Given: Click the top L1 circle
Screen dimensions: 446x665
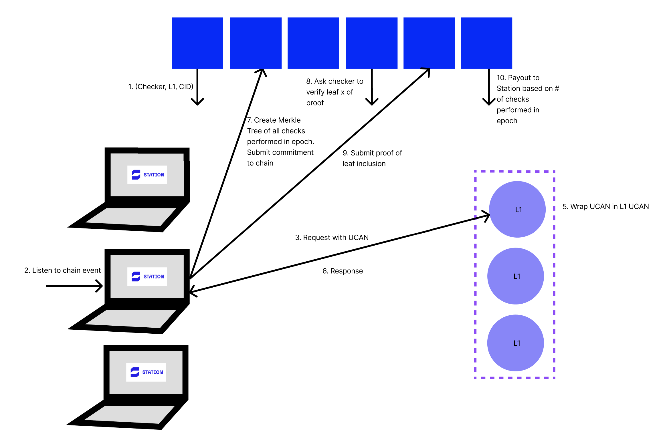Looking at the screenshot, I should tap(517, 209).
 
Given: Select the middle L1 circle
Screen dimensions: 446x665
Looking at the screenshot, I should tap(516, 276).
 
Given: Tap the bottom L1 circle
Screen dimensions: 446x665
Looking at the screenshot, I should tap(516, 343).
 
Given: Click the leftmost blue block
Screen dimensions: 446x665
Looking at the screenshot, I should tap(197, 43).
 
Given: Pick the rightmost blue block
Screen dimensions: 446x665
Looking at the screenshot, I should tap(486, 43).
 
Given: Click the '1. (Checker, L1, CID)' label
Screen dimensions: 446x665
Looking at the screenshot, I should tap(161, 87).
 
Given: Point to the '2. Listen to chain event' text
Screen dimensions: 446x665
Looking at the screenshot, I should tap(62, 270).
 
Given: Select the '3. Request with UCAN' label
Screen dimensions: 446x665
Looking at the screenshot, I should tap(332, 238).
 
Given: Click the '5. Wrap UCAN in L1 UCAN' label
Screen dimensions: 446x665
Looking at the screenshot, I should tap(605, 207).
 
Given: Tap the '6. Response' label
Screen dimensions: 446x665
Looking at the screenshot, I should tap(343, 271).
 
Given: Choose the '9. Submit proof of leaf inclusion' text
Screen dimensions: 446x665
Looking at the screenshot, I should tap(372, 158).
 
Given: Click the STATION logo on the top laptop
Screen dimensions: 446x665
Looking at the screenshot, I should tap(147, 175).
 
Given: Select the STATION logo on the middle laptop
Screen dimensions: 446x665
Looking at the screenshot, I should tap(147, 276).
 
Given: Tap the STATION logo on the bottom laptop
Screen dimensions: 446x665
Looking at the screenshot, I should tap(146, 372).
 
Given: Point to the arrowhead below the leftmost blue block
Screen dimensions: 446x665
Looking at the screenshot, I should tap(197, 102).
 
